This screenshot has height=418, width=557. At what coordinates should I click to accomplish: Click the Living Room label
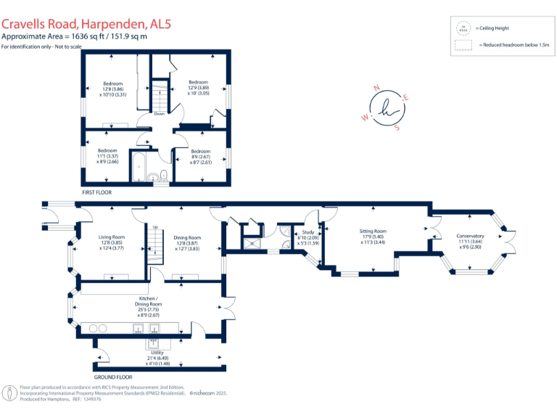[112, 237]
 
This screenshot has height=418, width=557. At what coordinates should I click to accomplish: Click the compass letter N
[376, 88]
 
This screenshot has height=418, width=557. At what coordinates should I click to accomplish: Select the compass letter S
[397, 128]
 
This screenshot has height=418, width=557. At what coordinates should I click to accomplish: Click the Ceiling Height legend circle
[462, 28]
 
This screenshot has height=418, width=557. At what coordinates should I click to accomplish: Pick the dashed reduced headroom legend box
[462, 45]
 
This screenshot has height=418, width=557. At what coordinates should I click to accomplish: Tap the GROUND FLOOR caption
[113, 377]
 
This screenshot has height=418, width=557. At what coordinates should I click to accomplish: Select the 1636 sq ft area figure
[83, 36]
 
